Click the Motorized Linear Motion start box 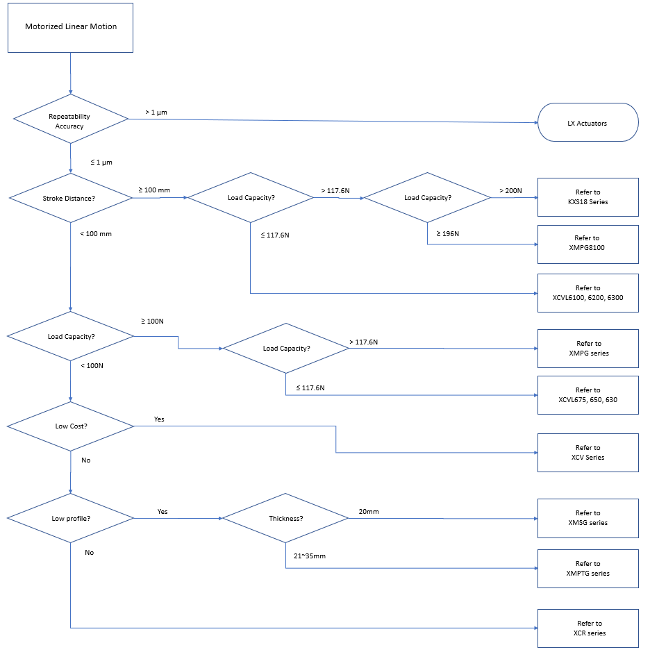click(x=70, y=27)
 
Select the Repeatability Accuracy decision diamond click(x=70, y=119)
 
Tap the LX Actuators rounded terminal click(x=587, y=122)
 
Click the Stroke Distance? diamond click(x=70, y=198)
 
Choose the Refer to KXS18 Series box click(x=587, y=197)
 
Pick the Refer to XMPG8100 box click(x=587, y=244)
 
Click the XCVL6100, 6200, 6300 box click(x=587, y=293)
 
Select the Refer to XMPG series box click(x=587, y=349)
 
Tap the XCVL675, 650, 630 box click(x=587, y=395)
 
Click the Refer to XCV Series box click(x=587, y=453)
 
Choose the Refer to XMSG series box click(x=587, y=518)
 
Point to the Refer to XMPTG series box click(x=587, y=569)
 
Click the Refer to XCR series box click(x=587, y=628)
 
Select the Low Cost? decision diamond click(x=70, y=426)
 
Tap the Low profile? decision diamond click(x=70, y=518)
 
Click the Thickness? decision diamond click(x=285, y=518)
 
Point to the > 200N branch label click(x=510, y=191)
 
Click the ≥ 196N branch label click(x=448, y=234)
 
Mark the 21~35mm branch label click(x=310, y=556)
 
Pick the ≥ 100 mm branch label click(x=154, y=190)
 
